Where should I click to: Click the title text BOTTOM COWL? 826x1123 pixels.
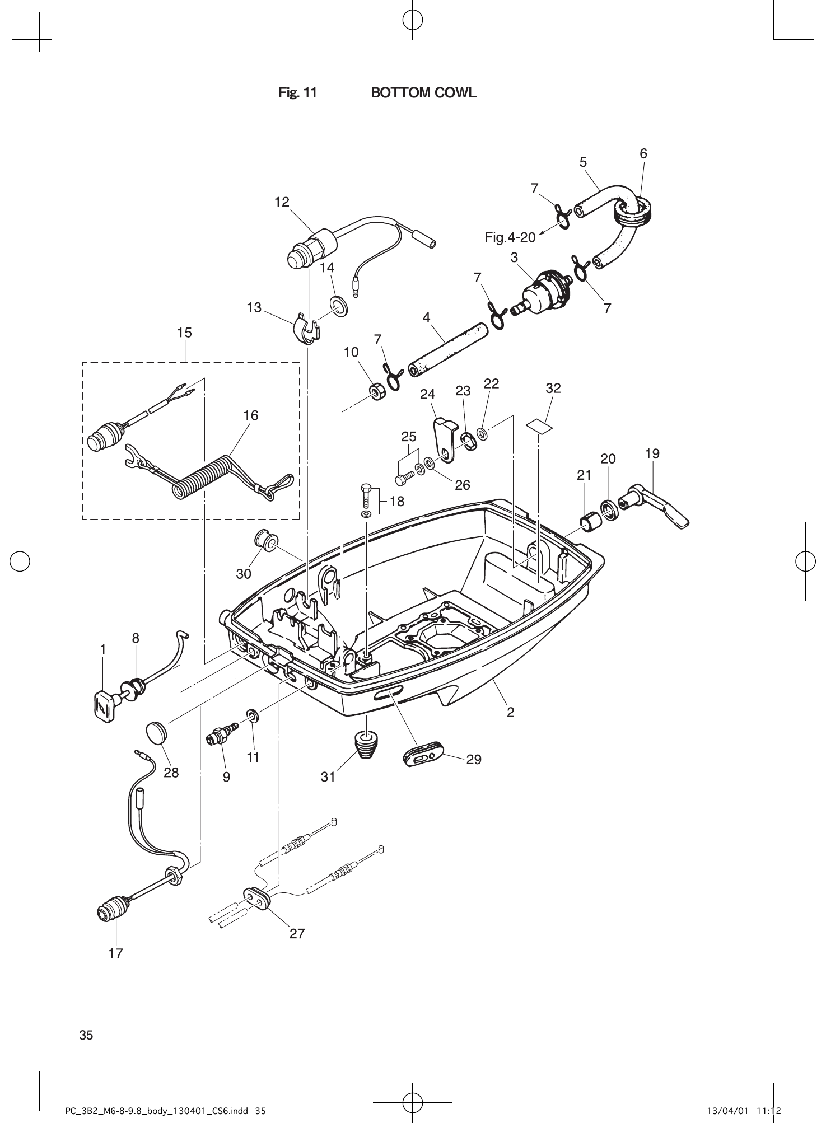pyautogui.click(x=424, y=93)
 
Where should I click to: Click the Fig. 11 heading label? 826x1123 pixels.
pyautogui.click(x=297, y=93)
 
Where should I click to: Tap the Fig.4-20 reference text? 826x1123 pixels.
pyautogui.click(x=510, y=237)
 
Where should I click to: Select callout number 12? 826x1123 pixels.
pyautogui.click(x=282, y=202)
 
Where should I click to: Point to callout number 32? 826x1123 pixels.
pyautogui.click(x=553, y=388)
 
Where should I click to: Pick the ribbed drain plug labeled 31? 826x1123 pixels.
pyautogui.click(x=366, y=746)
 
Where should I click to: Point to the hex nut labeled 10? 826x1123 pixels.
pyautogui.click(x=377, y=391)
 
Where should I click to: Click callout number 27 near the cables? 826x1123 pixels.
pyautogui.click(x=297, y=933)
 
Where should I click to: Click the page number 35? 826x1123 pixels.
pyautogui.click(x=86, y=1035)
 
